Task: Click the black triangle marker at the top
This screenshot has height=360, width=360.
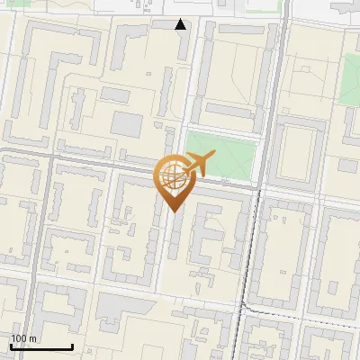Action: point(181,24)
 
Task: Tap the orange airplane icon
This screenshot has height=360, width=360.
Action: point(197,164)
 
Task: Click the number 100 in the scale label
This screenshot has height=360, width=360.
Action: point(19,338)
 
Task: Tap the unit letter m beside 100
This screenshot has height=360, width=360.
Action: point(33,338)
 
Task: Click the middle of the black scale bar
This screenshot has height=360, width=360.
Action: point(41,346)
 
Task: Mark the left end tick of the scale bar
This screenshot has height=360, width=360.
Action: point(11,346)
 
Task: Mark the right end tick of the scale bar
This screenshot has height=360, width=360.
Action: point(72,346)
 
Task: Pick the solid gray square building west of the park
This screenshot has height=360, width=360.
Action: point(127,125)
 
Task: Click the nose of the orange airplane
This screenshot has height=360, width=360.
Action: point(212,156)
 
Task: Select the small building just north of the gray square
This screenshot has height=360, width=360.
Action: point(114,94)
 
